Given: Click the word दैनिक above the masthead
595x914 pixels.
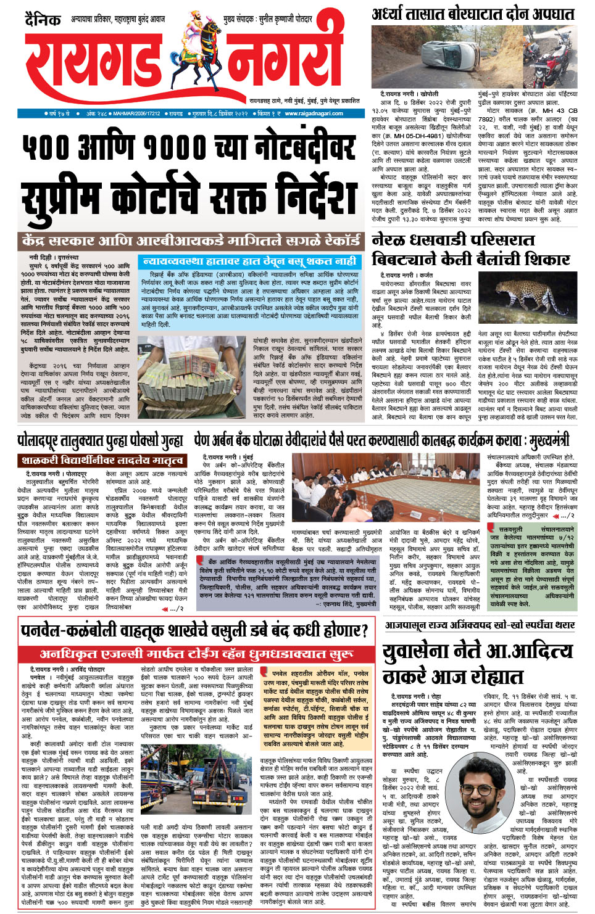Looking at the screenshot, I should pos(43,20).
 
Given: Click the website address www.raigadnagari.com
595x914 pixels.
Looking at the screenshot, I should pos(314,113).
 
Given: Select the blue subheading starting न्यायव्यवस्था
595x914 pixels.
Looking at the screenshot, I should pos(249,261).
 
